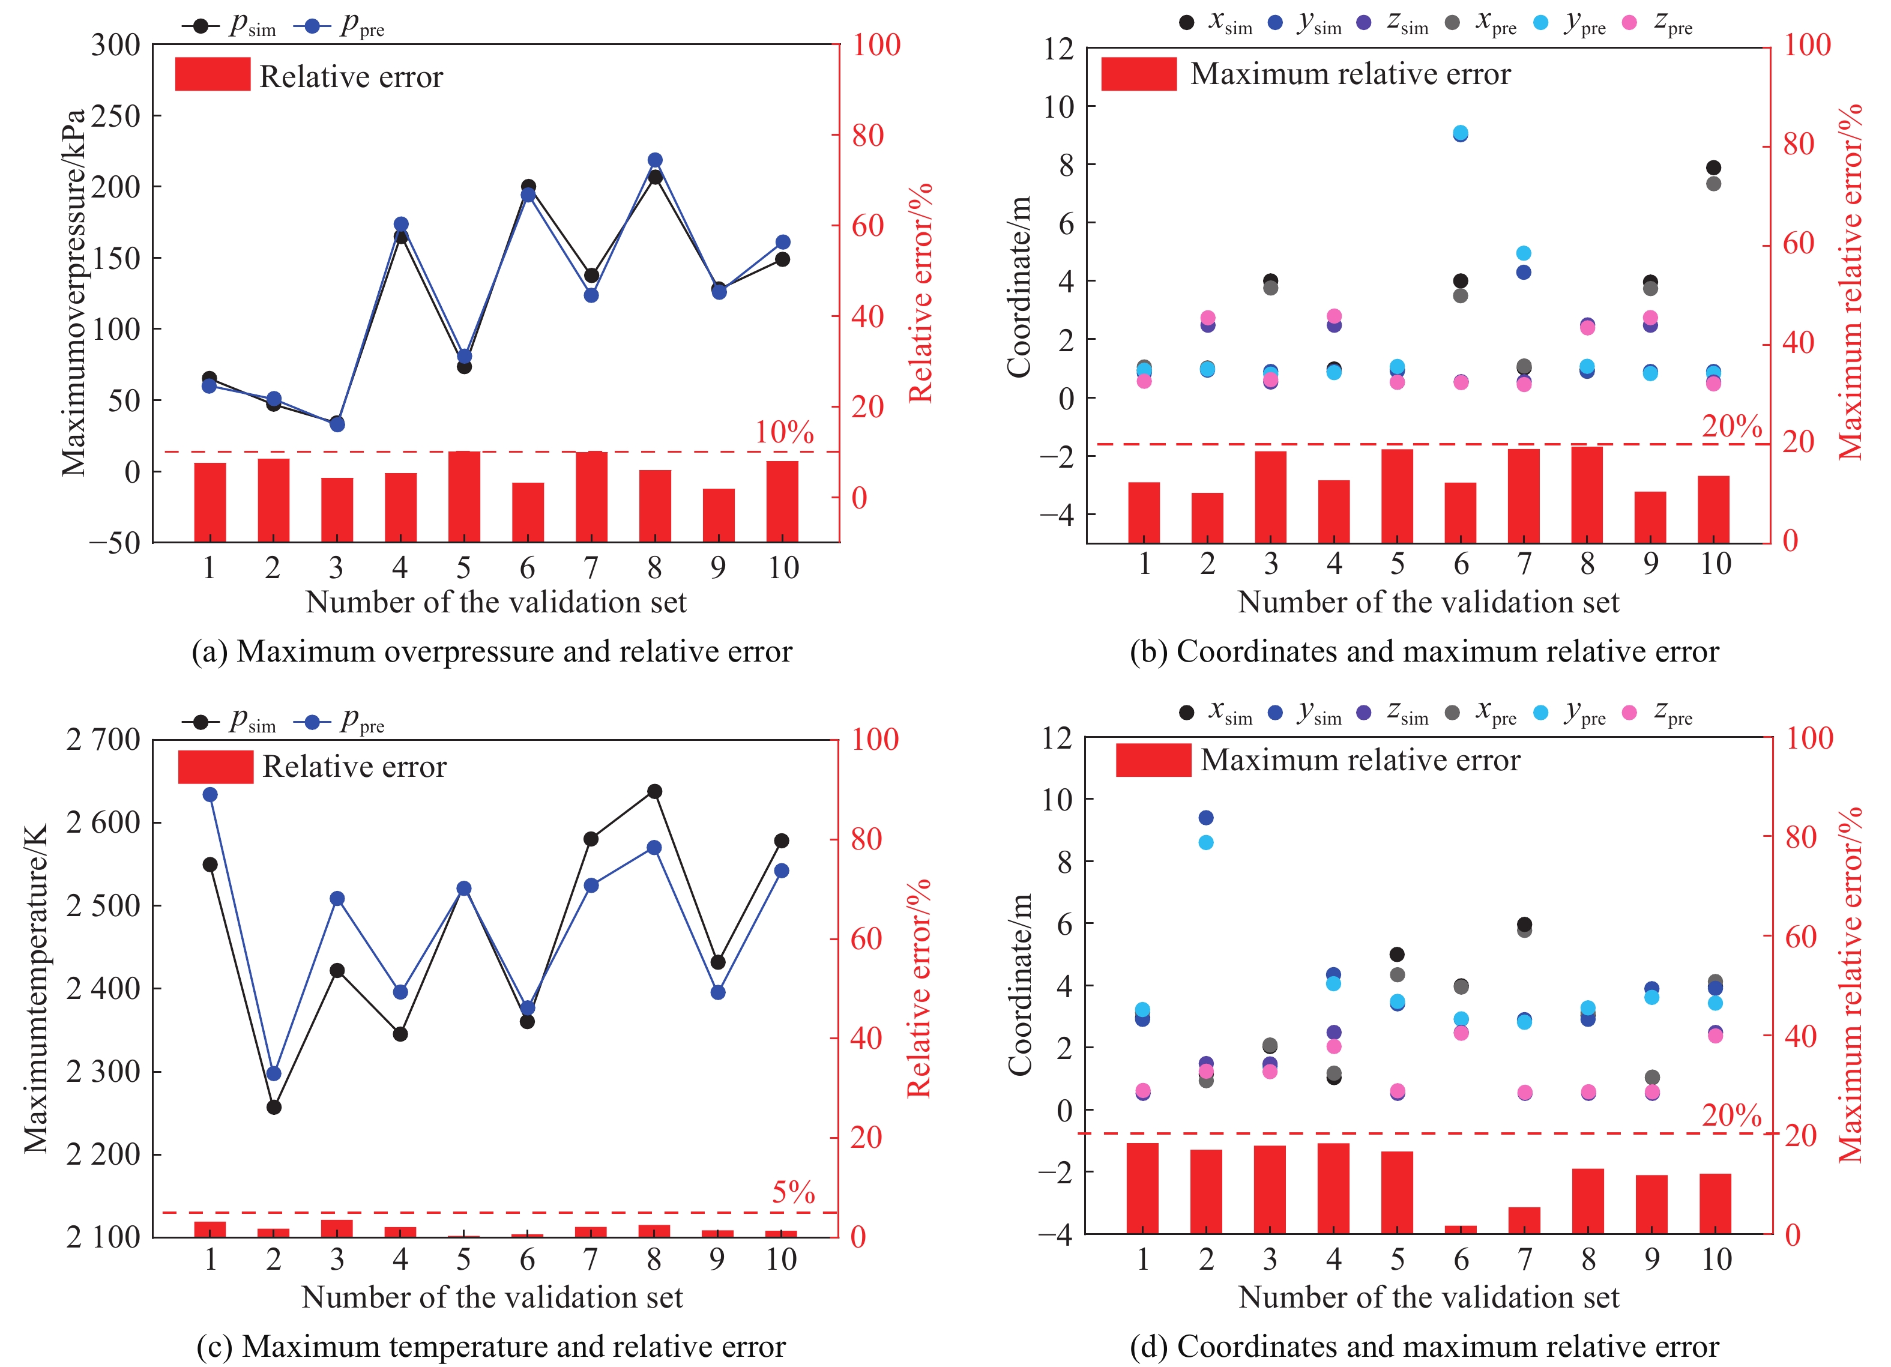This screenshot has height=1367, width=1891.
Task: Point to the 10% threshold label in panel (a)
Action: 784,432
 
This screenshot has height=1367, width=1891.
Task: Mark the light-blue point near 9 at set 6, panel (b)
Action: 1461,133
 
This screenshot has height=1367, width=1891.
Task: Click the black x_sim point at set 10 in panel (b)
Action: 1713,167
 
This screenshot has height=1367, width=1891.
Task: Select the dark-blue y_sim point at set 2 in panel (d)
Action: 1205,817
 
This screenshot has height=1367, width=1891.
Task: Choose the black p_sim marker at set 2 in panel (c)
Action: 274,1107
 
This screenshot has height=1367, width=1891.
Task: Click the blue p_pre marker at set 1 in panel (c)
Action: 210,794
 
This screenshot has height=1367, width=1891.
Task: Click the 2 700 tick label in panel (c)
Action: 103,739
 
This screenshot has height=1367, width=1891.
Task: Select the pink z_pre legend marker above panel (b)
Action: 1629,23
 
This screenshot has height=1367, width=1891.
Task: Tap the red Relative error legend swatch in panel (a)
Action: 213,74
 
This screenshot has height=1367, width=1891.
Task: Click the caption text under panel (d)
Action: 1424,1345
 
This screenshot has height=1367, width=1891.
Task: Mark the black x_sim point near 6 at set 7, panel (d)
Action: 1524,924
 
